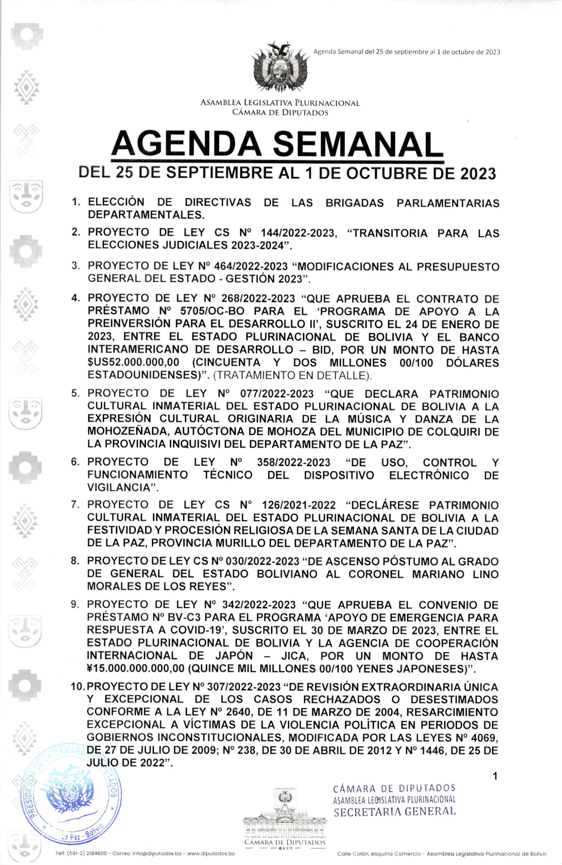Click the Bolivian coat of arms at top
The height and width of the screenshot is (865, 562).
tap(280, 68)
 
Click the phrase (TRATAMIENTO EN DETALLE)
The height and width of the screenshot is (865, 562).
tap(292, 375)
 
